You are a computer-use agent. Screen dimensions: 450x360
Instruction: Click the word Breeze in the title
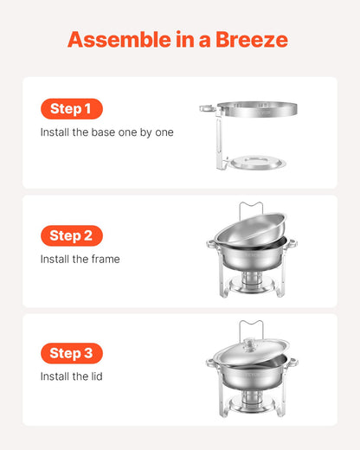coord(247,40)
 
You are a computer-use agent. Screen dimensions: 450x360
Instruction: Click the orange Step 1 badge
coord(71,109)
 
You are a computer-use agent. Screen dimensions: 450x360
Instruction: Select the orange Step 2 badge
coord(71,235)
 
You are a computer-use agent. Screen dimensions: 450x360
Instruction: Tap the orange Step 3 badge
coord(71,353)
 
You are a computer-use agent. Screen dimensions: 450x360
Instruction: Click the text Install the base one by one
coord(106,132)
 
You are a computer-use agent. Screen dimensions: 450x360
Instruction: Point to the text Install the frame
coord(80,259)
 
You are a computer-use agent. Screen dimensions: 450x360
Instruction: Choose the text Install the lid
coord(73,376)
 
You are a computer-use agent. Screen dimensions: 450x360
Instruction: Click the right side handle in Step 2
coord(290,244)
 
